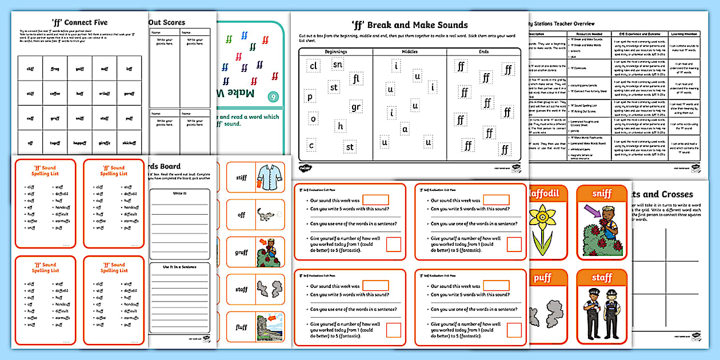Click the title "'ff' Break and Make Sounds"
coord(409,25)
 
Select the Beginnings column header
coord(335,51)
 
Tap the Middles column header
coord(409,51)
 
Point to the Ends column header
coord(483,51)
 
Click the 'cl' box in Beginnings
coord(313,66)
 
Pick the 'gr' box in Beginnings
coord(356,107)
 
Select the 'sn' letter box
coord(338,65)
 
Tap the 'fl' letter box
coord(357,78)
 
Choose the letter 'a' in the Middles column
coord(405,129)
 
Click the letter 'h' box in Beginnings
coord(341,126)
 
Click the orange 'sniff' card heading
coord(601,194)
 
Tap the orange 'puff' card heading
coord(542,278)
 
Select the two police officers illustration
coord(601,314)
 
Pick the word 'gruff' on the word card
coord(241,252)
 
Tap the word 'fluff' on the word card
coord(241,327)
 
